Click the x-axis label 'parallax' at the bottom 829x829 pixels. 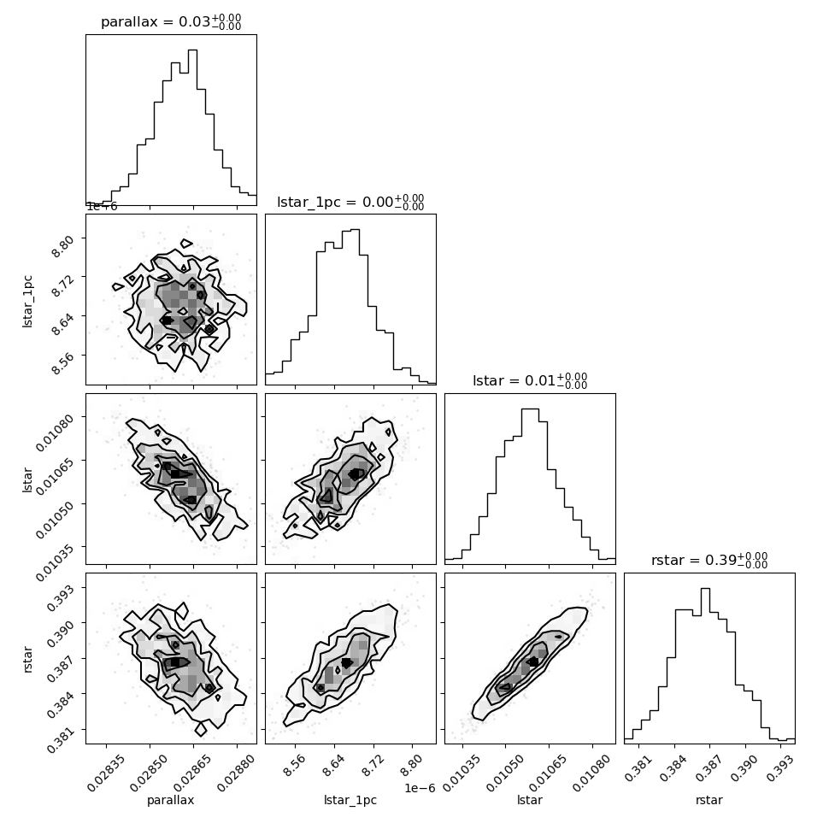tap(170, 800)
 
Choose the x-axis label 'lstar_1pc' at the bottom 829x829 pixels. tap(350, 800)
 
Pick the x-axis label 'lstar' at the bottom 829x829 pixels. tap(529, 800)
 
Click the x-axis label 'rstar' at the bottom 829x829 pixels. tap(709, 800)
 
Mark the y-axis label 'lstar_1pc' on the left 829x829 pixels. tap(27, 302)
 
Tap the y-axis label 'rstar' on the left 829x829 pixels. tap(27, 659)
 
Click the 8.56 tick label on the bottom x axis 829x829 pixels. tap(294, 765)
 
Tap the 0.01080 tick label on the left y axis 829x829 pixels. tap(55, 432)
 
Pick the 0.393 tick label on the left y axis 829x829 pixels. tap(59, 597)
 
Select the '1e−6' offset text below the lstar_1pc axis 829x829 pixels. tap(420, 788)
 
